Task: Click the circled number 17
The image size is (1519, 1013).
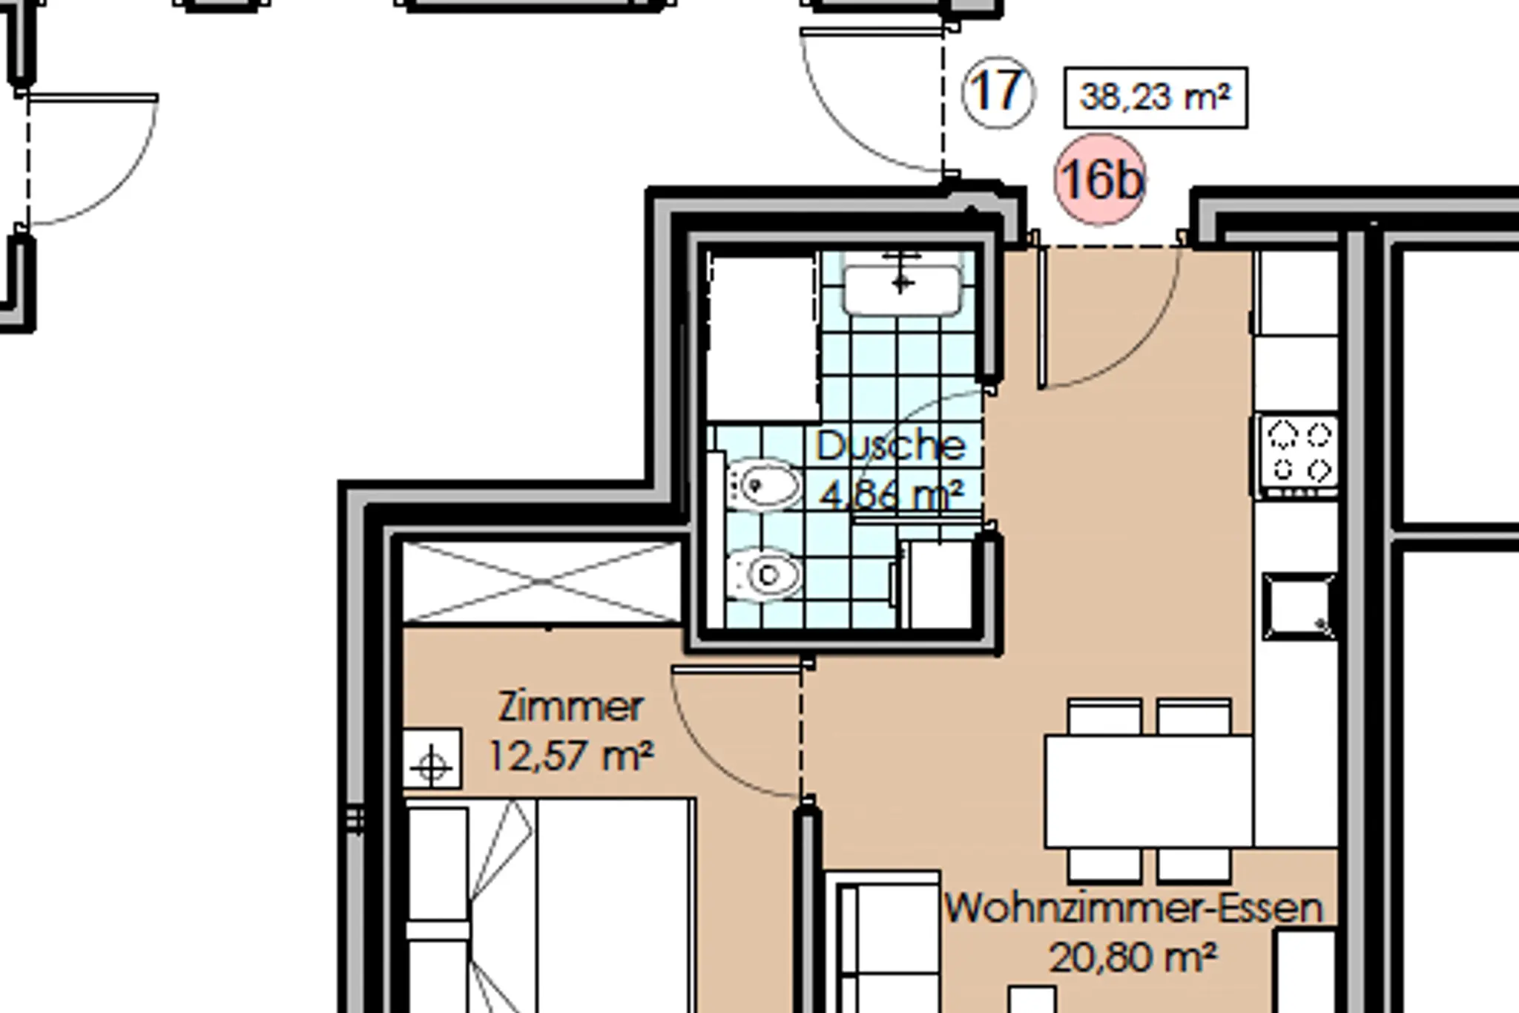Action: (998, 92)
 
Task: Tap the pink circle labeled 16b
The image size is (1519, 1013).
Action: (1100, 180)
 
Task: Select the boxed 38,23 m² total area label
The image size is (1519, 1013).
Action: (1156, 97)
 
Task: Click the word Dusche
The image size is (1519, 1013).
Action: (891, 445)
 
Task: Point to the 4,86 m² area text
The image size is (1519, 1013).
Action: (892, 494)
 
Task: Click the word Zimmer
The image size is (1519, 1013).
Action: (570, 707)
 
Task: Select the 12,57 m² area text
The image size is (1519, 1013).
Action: (570, 756)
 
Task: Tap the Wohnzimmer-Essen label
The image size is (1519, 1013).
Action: (1133, 908)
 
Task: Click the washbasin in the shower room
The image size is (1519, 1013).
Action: (902, 282)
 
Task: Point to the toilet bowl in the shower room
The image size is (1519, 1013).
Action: (763, 574)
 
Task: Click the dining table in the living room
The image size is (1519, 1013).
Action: (1149, 791)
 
